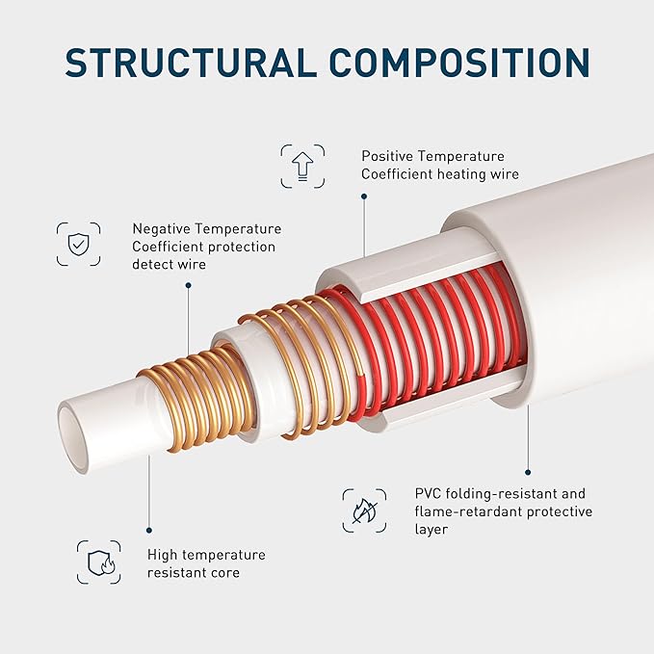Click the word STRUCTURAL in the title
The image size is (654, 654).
coord(191,62)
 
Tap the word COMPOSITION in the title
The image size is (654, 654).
coord(459,62)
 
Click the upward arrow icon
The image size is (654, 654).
coord(302,167)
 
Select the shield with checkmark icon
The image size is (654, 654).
coord(78,244)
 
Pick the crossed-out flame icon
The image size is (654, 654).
coord(364,510)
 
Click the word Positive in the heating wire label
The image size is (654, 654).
coord(387,156)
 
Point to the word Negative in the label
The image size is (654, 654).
coord(161,228)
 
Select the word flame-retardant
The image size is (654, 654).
coord(467,511)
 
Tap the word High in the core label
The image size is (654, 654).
coord(162,555)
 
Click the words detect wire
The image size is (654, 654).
coord(169,265)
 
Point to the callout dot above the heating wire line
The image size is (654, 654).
coord(364,196)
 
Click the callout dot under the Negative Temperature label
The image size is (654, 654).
coord(189,285)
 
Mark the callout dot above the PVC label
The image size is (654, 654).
coord(528,472)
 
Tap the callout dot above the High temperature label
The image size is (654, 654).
coord(149,531)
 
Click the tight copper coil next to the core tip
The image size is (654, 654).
coord(196,400)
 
